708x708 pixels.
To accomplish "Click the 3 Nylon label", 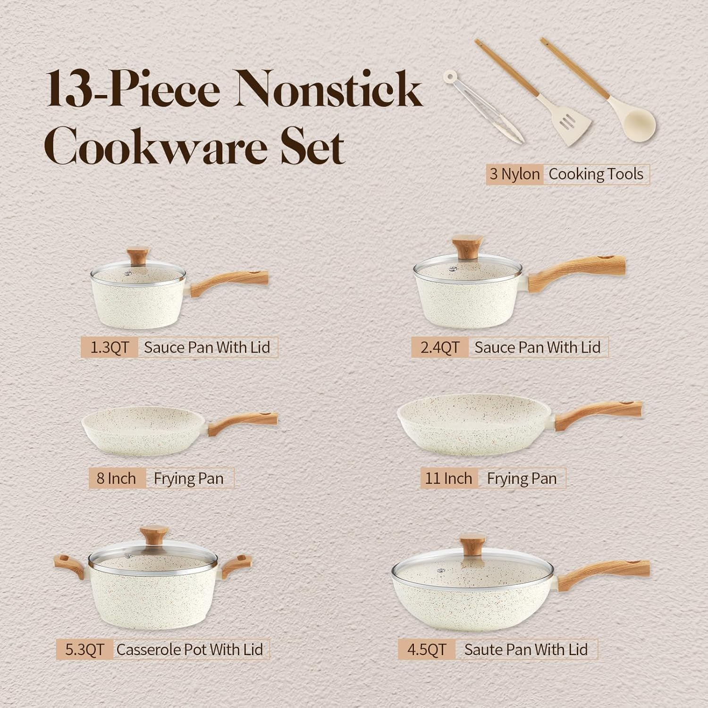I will point(514,174).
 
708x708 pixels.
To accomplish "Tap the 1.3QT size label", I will point(109,348).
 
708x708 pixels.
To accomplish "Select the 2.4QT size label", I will point(439,348).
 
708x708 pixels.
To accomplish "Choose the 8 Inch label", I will point(116,479).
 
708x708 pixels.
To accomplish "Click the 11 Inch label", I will point(448,479).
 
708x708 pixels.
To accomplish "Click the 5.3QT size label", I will point(85,649).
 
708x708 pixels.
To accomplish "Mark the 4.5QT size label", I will point(426,649).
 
